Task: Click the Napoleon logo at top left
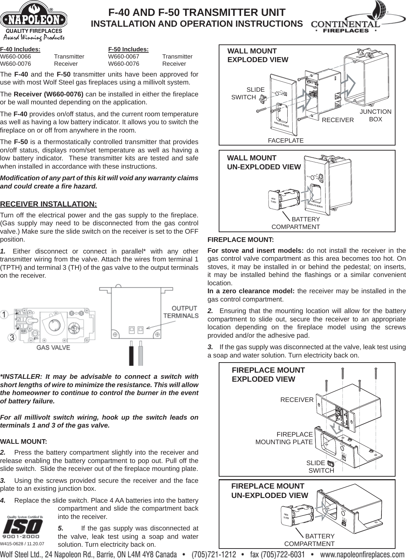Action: (x=34, y=20)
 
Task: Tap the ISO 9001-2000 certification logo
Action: (x=22, y=527)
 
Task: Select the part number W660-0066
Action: (x=16, y=57)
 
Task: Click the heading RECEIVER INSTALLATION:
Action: (x=49, y=204)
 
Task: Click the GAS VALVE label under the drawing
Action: (x=53, y=348)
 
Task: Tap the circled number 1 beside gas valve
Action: (x=5, y=315)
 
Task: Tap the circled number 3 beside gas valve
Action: (x=12, y=338)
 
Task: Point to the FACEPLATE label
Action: (x=285, y=140)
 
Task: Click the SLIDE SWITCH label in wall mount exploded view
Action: (x=248, y=94)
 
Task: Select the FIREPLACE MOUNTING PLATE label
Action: (x=284, y=438)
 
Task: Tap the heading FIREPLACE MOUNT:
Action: (x=241, y=240)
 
